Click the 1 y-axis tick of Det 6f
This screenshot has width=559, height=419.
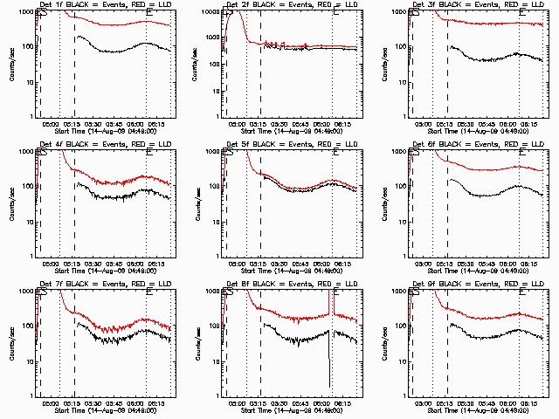point(404,256)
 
